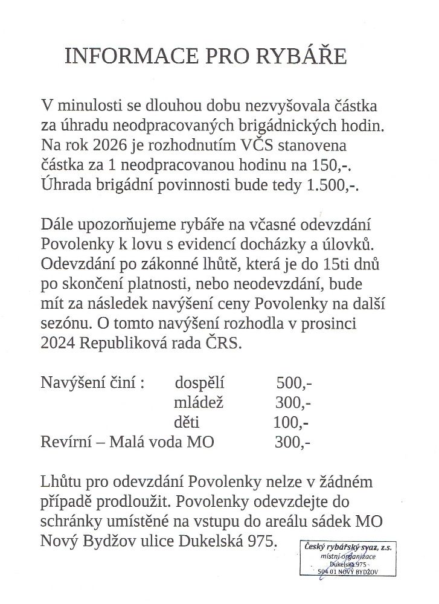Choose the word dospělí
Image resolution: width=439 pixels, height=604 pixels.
coord(199,382)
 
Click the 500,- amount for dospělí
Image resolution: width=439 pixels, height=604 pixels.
coord(293,382)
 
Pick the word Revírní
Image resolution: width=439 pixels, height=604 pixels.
coord(65,442)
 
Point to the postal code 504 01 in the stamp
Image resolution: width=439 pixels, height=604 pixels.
coord(329,571)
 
